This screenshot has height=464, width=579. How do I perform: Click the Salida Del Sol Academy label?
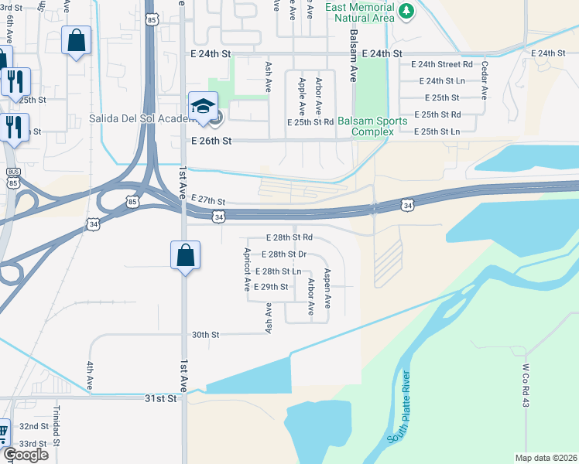[x=136, y=118]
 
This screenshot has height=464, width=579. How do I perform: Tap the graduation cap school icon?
[x=203, y=106]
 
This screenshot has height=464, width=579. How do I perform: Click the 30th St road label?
[x=206, y=335]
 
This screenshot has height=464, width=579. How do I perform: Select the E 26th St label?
[x=212, y=141]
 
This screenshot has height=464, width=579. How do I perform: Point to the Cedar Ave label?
[x=485, y=80]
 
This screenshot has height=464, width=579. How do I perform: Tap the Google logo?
[x=25, y=454]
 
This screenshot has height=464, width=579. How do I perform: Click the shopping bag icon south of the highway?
[x=186, y=255]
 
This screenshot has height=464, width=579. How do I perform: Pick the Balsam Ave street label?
[x=353, y=63]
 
